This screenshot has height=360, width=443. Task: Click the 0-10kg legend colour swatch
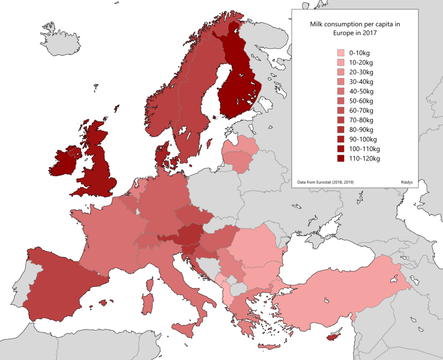340,53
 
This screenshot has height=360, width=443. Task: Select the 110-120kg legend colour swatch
340,158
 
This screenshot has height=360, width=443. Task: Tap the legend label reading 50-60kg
361,101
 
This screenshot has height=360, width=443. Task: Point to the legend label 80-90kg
361,130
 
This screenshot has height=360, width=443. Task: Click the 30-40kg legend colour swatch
340,81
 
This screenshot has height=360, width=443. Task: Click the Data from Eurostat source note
325,182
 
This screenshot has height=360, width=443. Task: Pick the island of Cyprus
334,337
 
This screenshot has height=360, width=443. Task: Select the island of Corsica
150,284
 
